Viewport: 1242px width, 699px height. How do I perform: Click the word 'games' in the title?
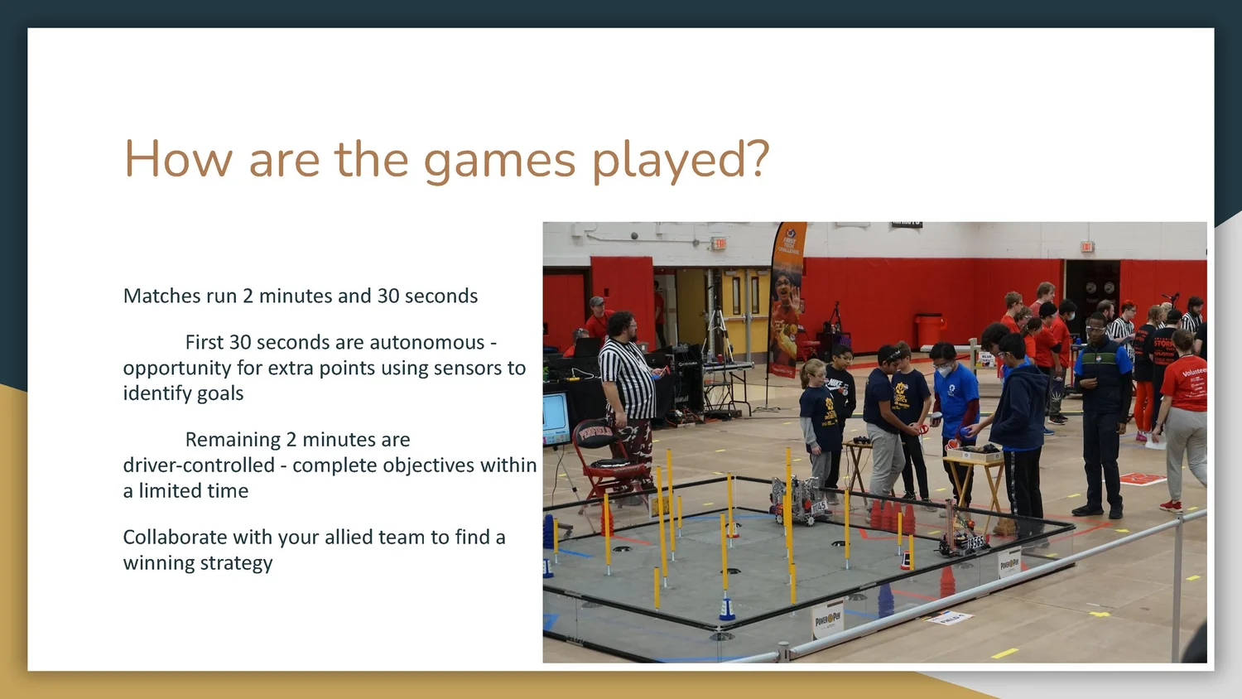coord(499,161)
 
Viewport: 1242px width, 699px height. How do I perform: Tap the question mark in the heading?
coord(756,159)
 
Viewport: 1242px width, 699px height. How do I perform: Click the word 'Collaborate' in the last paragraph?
coord(175,537)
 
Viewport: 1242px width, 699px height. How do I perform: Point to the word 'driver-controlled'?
coord(199,465)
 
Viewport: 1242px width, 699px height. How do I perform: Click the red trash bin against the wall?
coord(929,330)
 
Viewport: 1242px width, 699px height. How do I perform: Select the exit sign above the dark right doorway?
coord(1087,247)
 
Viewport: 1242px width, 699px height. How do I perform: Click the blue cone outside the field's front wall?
coord(884,601)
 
